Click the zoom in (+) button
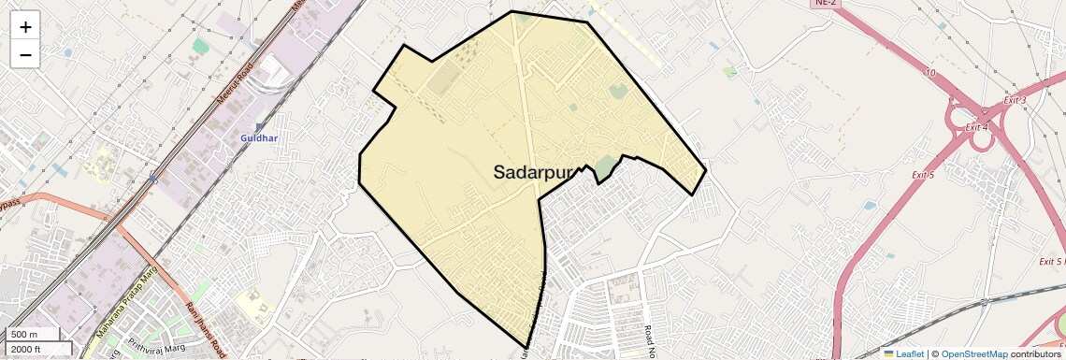click(x=25, y=26)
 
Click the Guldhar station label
click(x=259, y=138)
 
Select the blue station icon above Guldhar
click(x=259, y=126)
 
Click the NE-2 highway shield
click(x=825, y=3)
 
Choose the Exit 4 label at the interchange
click(x=977, y=127)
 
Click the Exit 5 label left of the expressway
click(x=924, y=175)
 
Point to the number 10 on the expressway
click(x=929, y=72)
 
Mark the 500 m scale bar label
click(x=24, y=335)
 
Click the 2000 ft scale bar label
click(x=26, y=349)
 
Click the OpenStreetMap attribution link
click(x=973, y=354)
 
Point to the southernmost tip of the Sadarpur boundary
click(x=527, y=348)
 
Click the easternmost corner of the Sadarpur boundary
click(x=705, y=171)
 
